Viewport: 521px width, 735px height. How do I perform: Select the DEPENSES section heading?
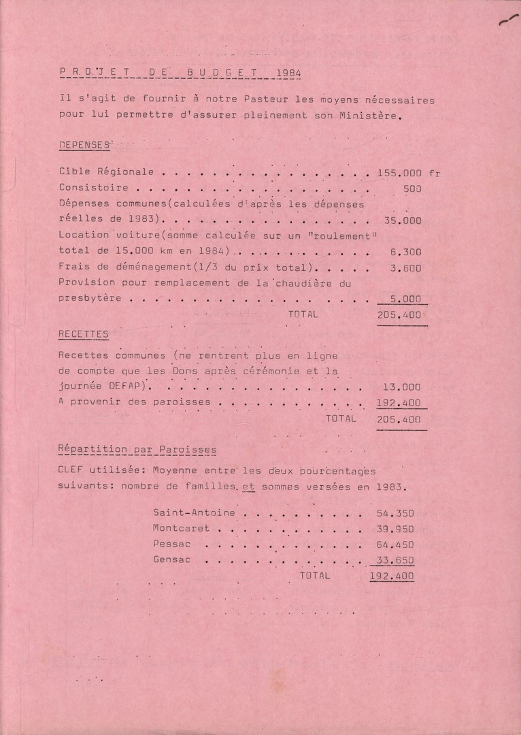(84, 145)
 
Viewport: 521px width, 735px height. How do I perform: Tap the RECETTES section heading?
(84, 334)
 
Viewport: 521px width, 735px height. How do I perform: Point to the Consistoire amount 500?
(411, 188)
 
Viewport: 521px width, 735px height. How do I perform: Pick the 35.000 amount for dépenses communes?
(402, 220)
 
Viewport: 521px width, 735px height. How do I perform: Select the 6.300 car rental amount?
(405, 252)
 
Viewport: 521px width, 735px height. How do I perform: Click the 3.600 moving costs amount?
(405, 268)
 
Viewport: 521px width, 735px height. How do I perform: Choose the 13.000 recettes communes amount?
(402, 387)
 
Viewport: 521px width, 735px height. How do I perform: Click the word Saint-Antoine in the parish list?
(195, 512)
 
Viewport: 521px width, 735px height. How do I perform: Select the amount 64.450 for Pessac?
(395, 544)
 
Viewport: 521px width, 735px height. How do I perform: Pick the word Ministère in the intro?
(373, 115)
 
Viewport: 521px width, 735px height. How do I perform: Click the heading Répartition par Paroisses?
(138, 450)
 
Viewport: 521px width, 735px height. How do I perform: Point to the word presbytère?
(90, 299)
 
